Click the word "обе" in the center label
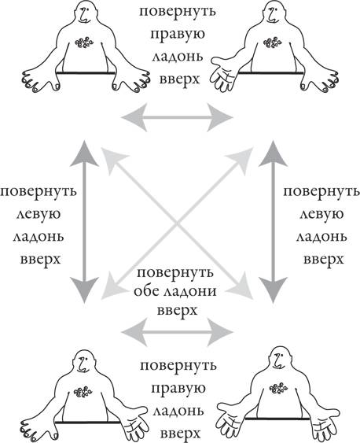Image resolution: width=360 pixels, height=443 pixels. [147, 291]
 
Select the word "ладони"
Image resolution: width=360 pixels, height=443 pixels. [190, 291]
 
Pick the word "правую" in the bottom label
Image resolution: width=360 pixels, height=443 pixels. [178, 389]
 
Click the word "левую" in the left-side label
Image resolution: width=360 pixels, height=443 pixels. [39, 214]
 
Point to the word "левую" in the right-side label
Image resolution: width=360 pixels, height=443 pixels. [321, 214]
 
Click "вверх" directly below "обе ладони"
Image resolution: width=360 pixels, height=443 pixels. [177, 311]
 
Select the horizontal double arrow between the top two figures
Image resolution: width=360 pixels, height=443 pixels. [177, 117]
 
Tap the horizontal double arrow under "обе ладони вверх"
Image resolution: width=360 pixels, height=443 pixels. [177, 332]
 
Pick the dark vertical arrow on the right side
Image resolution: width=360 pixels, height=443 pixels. [273, 222]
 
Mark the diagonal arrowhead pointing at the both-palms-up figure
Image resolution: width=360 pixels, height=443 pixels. [241, 287]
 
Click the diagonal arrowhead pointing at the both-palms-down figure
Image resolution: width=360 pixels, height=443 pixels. [114, 160]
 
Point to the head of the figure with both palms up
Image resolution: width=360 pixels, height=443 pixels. [278, 361]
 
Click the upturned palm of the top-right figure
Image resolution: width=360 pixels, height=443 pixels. [223, 74]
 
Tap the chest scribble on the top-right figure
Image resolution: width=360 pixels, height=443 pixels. [272, 42]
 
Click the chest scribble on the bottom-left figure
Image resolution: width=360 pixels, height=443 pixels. [83, 392]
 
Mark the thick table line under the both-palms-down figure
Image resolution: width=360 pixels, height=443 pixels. [86, 73]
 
